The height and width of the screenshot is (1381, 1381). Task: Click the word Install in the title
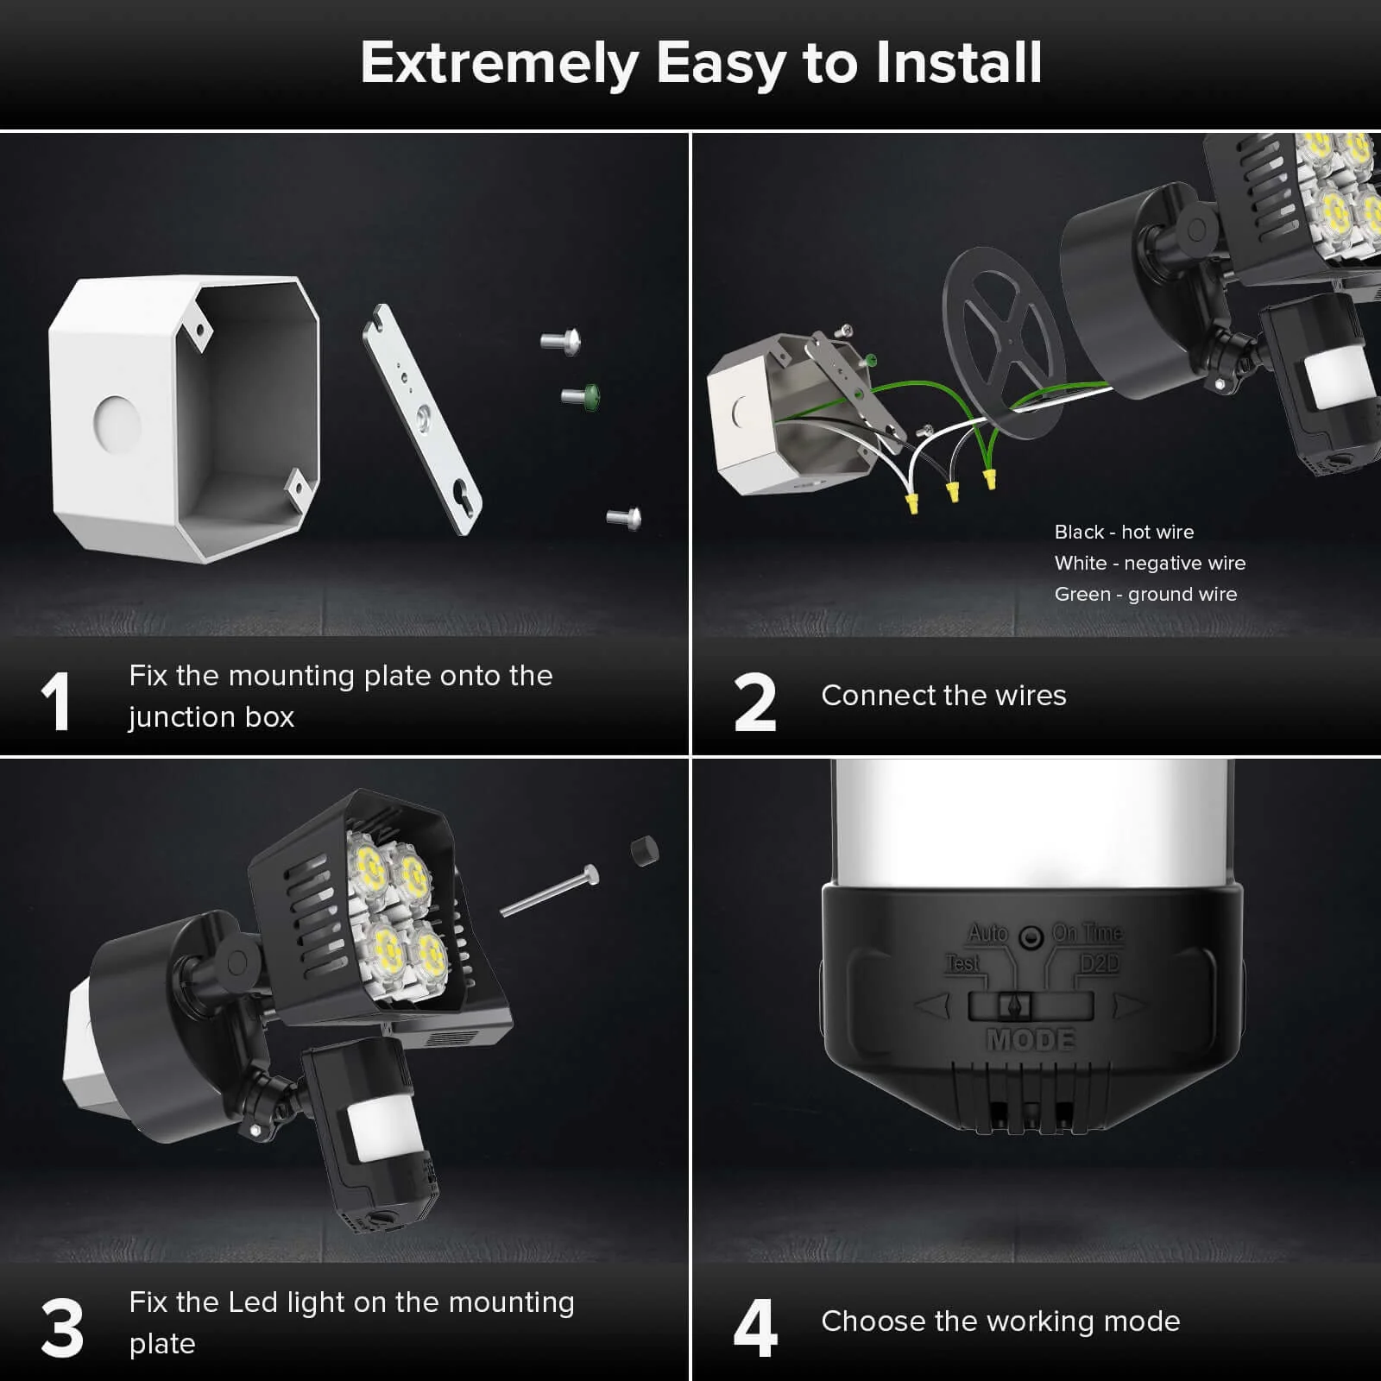point(958,63)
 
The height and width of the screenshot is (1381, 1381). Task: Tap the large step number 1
point(56,703)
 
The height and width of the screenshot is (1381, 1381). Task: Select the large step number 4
point(754,1328)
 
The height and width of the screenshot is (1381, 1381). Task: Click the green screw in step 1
point(582,396)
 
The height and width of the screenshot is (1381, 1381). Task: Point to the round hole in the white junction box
point(117,424)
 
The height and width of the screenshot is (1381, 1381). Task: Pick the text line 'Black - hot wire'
point(1124,532)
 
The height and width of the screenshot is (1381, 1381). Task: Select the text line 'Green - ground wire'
point(1145,594)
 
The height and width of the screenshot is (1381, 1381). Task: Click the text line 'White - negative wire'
point(1150,563)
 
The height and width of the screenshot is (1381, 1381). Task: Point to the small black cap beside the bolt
point(644,850)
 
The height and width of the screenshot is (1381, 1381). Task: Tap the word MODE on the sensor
point(1031,1039)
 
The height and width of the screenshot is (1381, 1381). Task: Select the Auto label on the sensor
point(988,933)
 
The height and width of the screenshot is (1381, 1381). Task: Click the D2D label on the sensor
point(1099,963)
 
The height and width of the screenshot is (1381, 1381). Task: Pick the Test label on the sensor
point(963,962)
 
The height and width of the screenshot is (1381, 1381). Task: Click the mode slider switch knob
point(1014,1006)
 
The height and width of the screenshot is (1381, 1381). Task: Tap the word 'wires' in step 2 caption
point(1030,695)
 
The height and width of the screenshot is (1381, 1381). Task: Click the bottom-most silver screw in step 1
point(624,517)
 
